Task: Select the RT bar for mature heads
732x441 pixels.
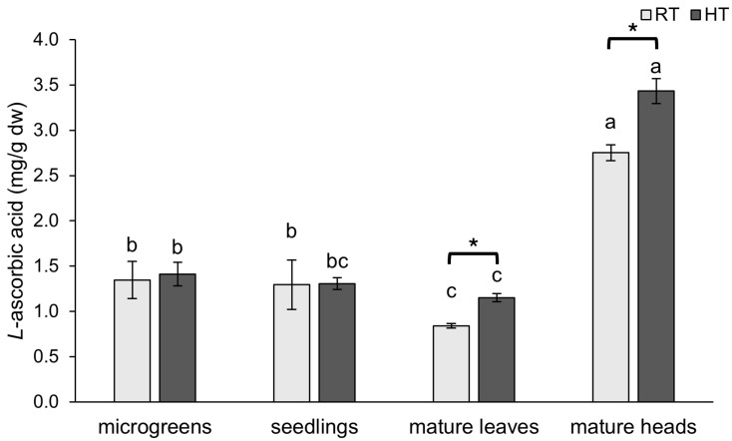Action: pos(610,277)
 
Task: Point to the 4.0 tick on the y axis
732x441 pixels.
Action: pos(50,40)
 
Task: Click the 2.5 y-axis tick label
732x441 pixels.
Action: pos(50,176)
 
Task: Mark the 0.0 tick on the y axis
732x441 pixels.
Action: pos(50,402)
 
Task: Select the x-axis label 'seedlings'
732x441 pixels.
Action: pos(313,427)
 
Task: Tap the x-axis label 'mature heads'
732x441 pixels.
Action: pos(632,427)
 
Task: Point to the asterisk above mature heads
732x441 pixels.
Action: pos(632,29)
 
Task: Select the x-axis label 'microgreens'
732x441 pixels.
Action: pos(154,427)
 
